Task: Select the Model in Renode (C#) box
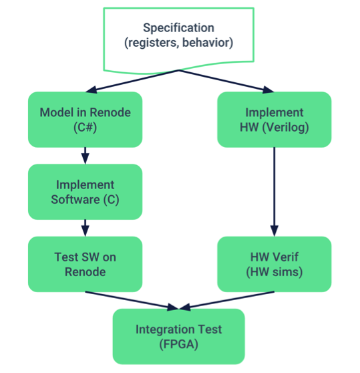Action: pyautogui.click(x=85, y=119)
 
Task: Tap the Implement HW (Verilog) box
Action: pyautogui.click(x=274, y=119)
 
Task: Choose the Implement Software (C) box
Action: pyautogui.click(x=85, y=192)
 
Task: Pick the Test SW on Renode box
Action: pyautogui.click(x=85, y=264)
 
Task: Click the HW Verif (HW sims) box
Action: pyautogui.click(x=274, y=264)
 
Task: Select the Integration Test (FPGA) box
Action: pyautogui.click(x=178, y=336)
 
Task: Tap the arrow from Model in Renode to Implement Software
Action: pyautogui.click(x=85, y=156)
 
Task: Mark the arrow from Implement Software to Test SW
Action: pyautogui.click(x=85, y=228)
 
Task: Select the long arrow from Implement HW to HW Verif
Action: pyautogui.click(x=274, y=191)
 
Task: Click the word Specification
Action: pyautogui.click(x=178, y=28)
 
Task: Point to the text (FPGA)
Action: pyautogui.click(x=178, y=344)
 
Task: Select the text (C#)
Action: pyautogui.click(x=85, y=126)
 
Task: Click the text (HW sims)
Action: pyautogui.click(x=274, y=271)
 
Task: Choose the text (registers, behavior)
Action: pyautogui.click(x=178, y=43)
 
